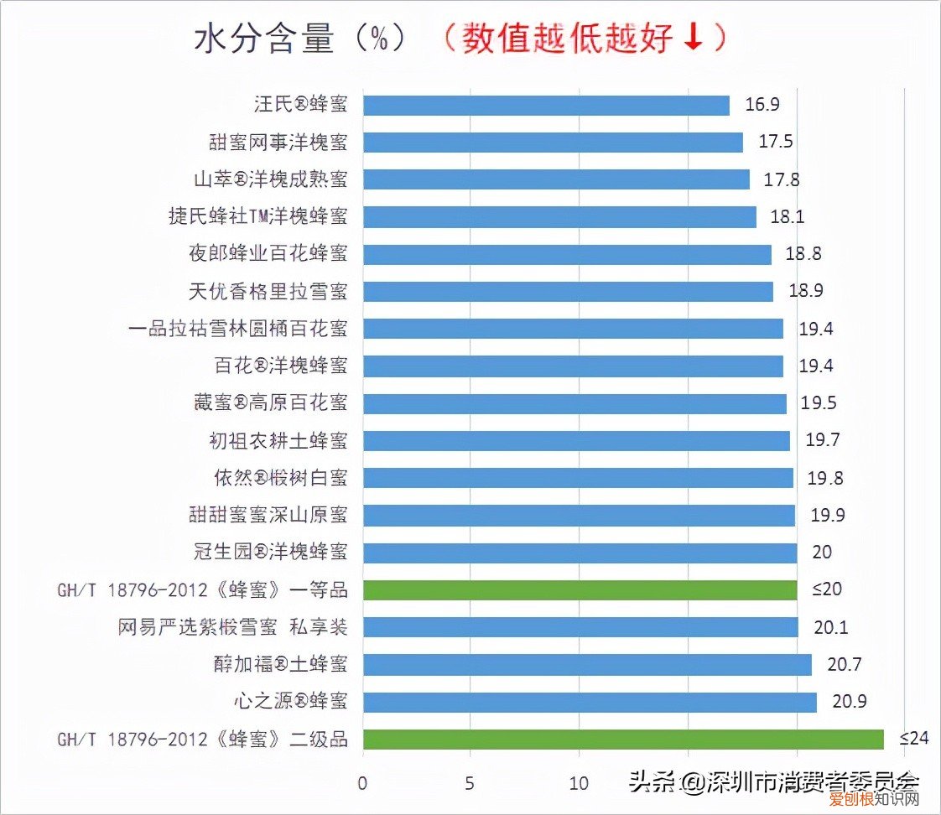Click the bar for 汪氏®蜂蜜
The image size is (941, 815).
tap(546, 106)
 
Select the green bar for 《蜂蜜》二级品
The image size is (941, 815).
tap(623, 739)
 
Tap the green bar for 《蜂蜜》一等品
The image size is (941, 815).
tap(580, 589)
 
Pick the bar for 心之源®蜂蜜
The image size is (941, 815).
tap(590, 702)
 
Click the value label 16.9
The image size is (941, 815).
tap(762, 105)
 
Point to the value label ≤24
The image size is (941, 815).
tap(915, 739)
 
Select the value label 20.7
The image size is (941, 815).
tap(845, 664)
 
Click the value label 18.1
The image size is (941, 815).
tap(788, 216)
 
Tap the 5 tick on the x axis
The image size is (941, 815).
tap(470, 784)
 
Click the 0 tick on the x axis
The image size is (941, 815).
tap(362, 784)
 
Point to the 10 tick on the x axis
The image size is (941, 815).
tap(579, 784)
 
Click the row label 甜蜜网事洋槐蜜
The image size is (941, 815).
tap(278, 143)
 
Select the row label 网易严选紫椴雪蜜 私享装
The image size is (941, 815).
tap(232, 627)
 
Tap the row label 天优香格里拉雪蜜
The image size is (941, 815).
tap(268, 292)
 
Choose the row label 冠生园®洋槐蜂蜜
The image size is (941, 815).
tap(268, 553)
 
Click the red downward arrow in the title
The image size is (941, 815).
tap(693, 39)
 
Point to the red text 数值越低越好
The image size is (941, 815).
tap(567, 39)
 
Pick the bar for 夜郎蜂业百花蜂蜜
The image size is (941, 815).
tap(567, 254)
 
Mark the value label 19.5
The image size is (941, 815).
tap(819, 403)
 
